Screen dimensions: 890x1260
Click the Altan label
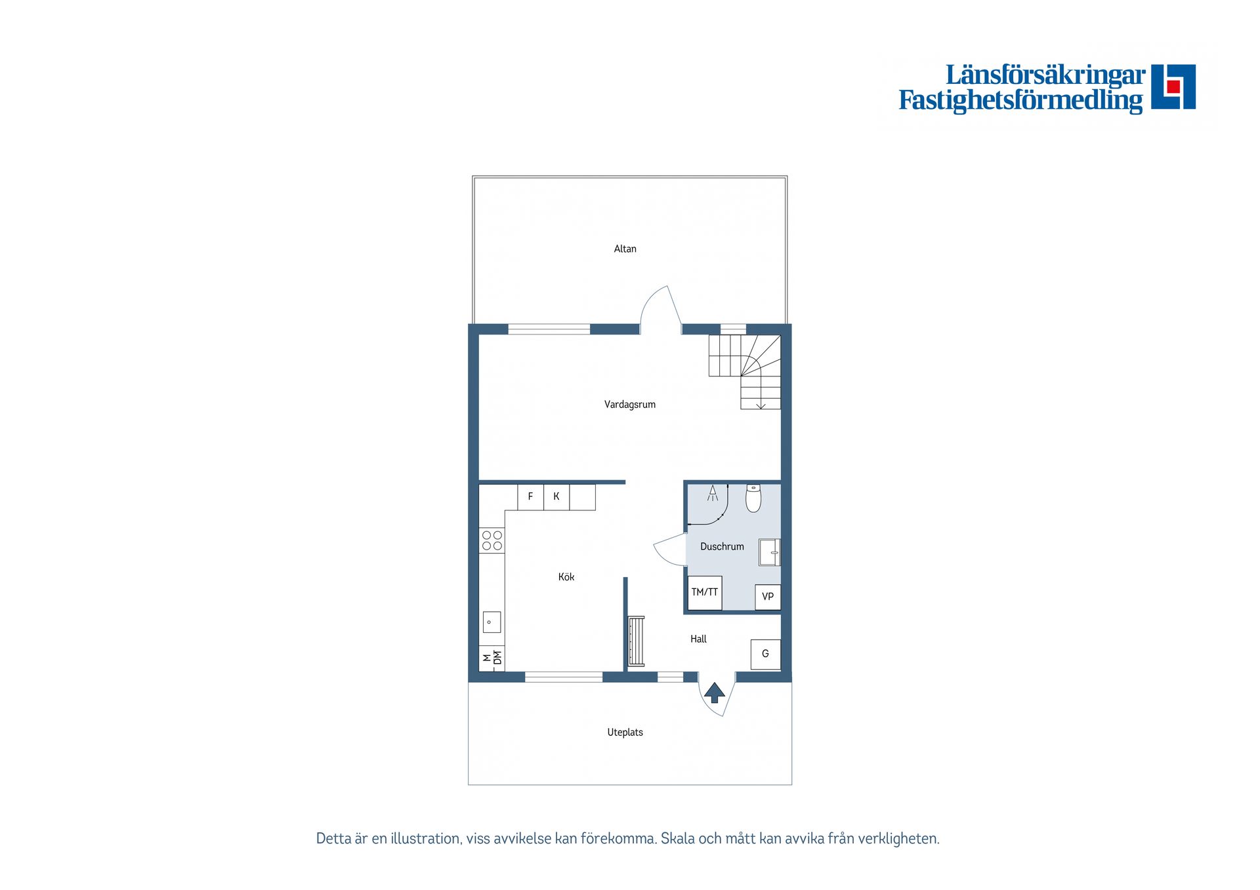625,249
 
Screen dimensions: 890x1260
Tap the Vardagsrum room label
629,405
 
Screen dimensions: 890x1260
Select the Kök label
566,577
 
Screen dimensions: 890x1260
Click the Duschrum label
722,546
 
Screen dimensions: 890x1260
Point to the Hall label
698,639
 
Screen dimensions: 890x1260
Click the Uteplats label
625,733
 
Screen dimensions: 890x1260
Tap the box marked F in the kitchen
530,497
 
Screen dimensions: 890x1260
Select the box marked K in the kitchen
556,497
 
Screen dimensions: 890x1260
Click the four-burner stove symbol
492,540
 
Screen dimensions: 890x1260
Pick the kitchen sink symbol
492,622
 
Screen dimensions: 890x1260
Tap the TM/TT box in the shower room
705,593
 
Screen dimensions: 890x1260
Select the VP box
767,597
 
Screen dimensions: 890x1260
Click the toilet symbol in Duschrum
753,498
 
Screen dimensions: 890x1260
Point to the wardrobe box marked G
765,654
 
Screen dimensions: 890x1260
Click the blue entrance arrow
714,693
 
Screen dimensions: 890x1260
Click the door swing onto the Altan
660,308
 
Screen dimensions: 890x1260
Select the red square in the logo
1173,87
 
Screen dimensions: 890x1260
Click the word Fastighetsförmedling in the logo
1020,100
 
